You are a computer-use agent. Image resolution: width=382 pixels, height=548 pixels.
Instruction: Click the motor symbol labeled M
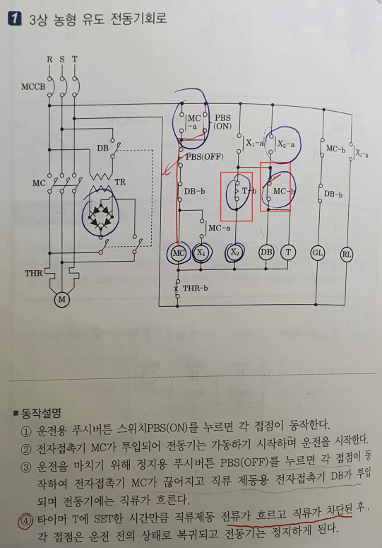[x=61, y=300]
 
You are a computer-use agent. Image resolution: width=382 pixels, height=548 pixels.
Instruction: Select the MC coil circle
[x=178, y=252]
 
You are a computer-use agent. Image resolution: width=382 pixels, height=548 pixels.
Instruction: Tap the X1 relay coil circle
[x=201, y=252]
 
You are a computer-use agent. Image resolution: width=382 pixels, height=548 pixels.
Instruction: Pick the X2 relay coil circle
[x=235, y=252]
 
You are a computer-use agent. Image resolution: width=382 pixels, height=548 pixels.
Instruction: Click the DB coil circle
[x=266, y=252]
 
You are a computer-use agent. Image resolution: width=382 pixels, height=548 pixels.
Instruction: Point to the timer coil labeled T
[x=288, y=252]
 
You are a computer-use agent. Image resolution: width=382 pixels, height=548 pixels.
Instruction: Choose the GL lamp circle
[x=317, y=252]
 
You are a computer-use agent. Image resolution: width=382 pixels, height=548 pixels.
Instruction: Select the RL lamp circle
[x=347, y=255]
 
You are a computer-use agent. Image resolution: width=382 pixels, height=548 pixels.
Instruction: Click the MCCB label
[x=33, y=86]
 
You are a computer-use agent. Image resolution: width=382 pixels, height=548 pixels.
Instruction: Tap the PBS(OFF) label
[x=205, y=156]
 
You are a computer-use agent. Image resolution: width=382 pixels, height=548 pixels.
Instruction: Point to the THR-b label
[x=196, y=288]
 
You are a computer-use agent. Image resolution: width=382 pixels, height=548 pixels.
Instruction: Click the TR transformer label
[x=120, y=182]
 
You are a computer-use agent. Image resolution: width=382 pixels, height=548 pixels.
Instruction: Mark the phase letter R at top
[x=49, y=59]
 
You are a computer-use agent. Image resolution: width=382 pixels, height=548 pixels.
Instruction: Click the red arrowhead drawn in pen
[x=167, y=170]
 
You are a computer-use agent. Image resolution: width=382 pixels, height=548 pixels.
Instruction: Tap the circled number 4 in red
[x=27, y=519]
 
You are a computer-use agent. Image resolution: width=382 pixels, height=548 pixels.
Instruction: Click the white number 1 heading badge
[x=15, y=18]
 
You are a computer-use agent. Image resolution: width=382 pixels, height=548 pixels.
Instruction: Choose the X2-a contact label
[x=286, y=144]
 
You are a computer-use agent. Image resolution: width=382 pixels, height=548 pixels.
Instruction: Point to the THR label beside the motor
[x=33, y=273]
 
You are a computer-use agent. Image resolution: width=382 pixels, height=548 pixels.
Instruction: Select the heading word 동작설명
[x=41, y=414]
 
